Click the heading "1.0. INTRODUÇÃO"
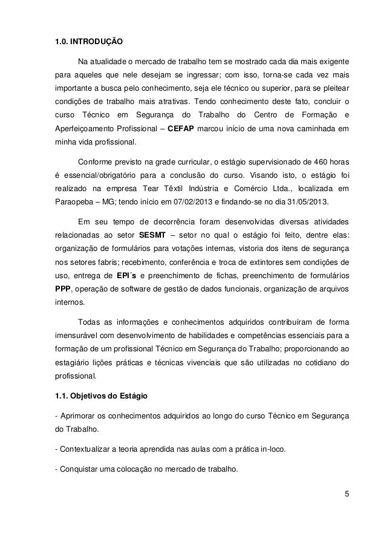click(88, 44)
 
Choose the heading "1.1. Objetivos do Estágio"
click(103, 396)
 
